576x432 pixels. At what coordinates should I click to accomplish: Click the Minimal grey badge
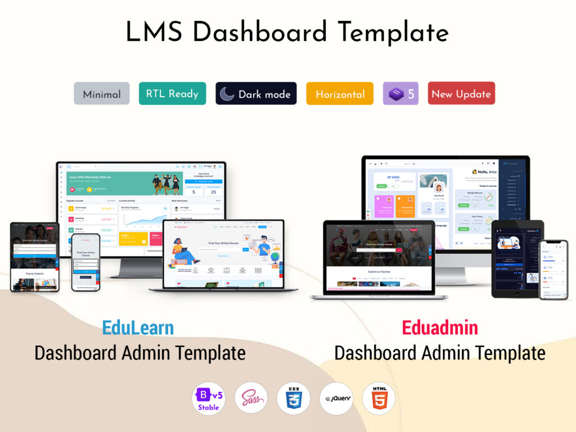tap(102, 94)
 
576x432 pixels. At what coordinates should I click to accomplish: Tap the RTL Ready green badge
tap(172, 93)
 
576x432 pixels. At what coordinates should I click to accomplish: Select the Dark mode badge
tap(256, 94)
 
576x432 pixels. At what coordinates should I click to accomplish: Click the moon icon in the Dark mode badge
tap(227, 94)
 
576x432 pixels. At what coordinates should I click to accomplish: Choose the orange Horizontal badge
tap(340, 94)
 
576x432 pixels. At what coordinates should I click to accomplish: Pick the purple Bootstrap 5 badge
tap(400, 94)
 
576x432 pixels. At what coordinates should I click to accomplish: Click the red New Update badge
tap(461, 94)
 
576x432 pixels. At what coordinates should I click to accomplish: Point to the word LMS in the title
tap(155, 32)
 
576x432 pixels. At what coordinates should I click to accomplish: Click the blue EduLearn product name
tap(138, 328)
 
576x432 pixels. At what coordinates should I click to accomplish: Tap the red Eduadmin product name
tap(440, 328)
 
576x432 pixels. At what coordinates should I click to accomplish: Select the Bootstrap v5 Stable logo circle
tap(209, 398)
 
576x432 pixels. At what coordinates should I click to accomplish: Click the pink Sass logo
tap(251, 398)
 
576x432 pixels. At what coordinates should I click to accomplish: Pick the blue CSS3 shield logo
tap(293, 398)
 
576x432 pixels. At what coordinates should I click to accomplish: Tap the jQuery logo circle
tap(336, 398)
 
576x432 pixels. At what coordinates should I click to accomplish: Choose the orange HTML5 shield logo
tap(379, 398)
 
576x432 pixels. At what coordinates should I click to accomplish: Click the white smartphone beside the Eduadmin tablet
tap(553, 269)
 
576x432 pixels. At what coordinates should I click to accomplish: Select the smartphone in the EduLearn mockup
tap(86, 262)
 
